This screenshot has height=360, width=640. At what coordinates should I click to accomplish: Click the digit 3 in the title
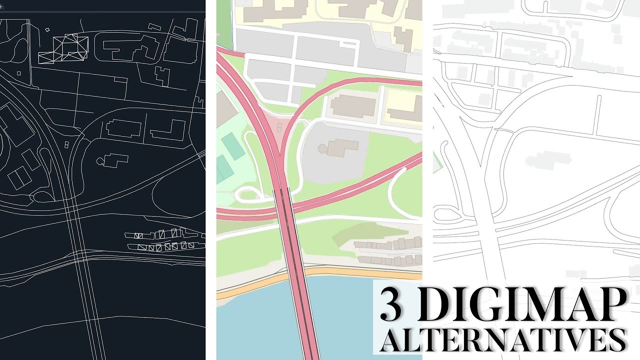pos(390,305)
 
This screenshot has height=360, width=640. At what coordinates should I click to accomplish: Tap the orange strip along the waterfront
pos(350,272)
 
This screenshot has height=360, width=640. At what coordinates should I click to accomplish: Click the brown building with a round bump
pos(342,147)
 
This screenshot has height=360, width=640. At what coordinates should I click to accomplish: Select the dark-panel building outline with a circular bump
pos(112,160)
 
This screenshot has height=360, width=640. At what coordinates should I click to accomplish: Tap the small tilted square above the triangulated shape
pos(47,30)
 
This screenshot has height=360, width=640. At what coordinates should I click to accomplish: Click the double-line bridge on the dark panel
pos(85,280)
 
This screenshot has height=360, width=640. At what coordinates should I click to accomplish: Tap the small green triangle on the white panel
pos(436,161)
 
